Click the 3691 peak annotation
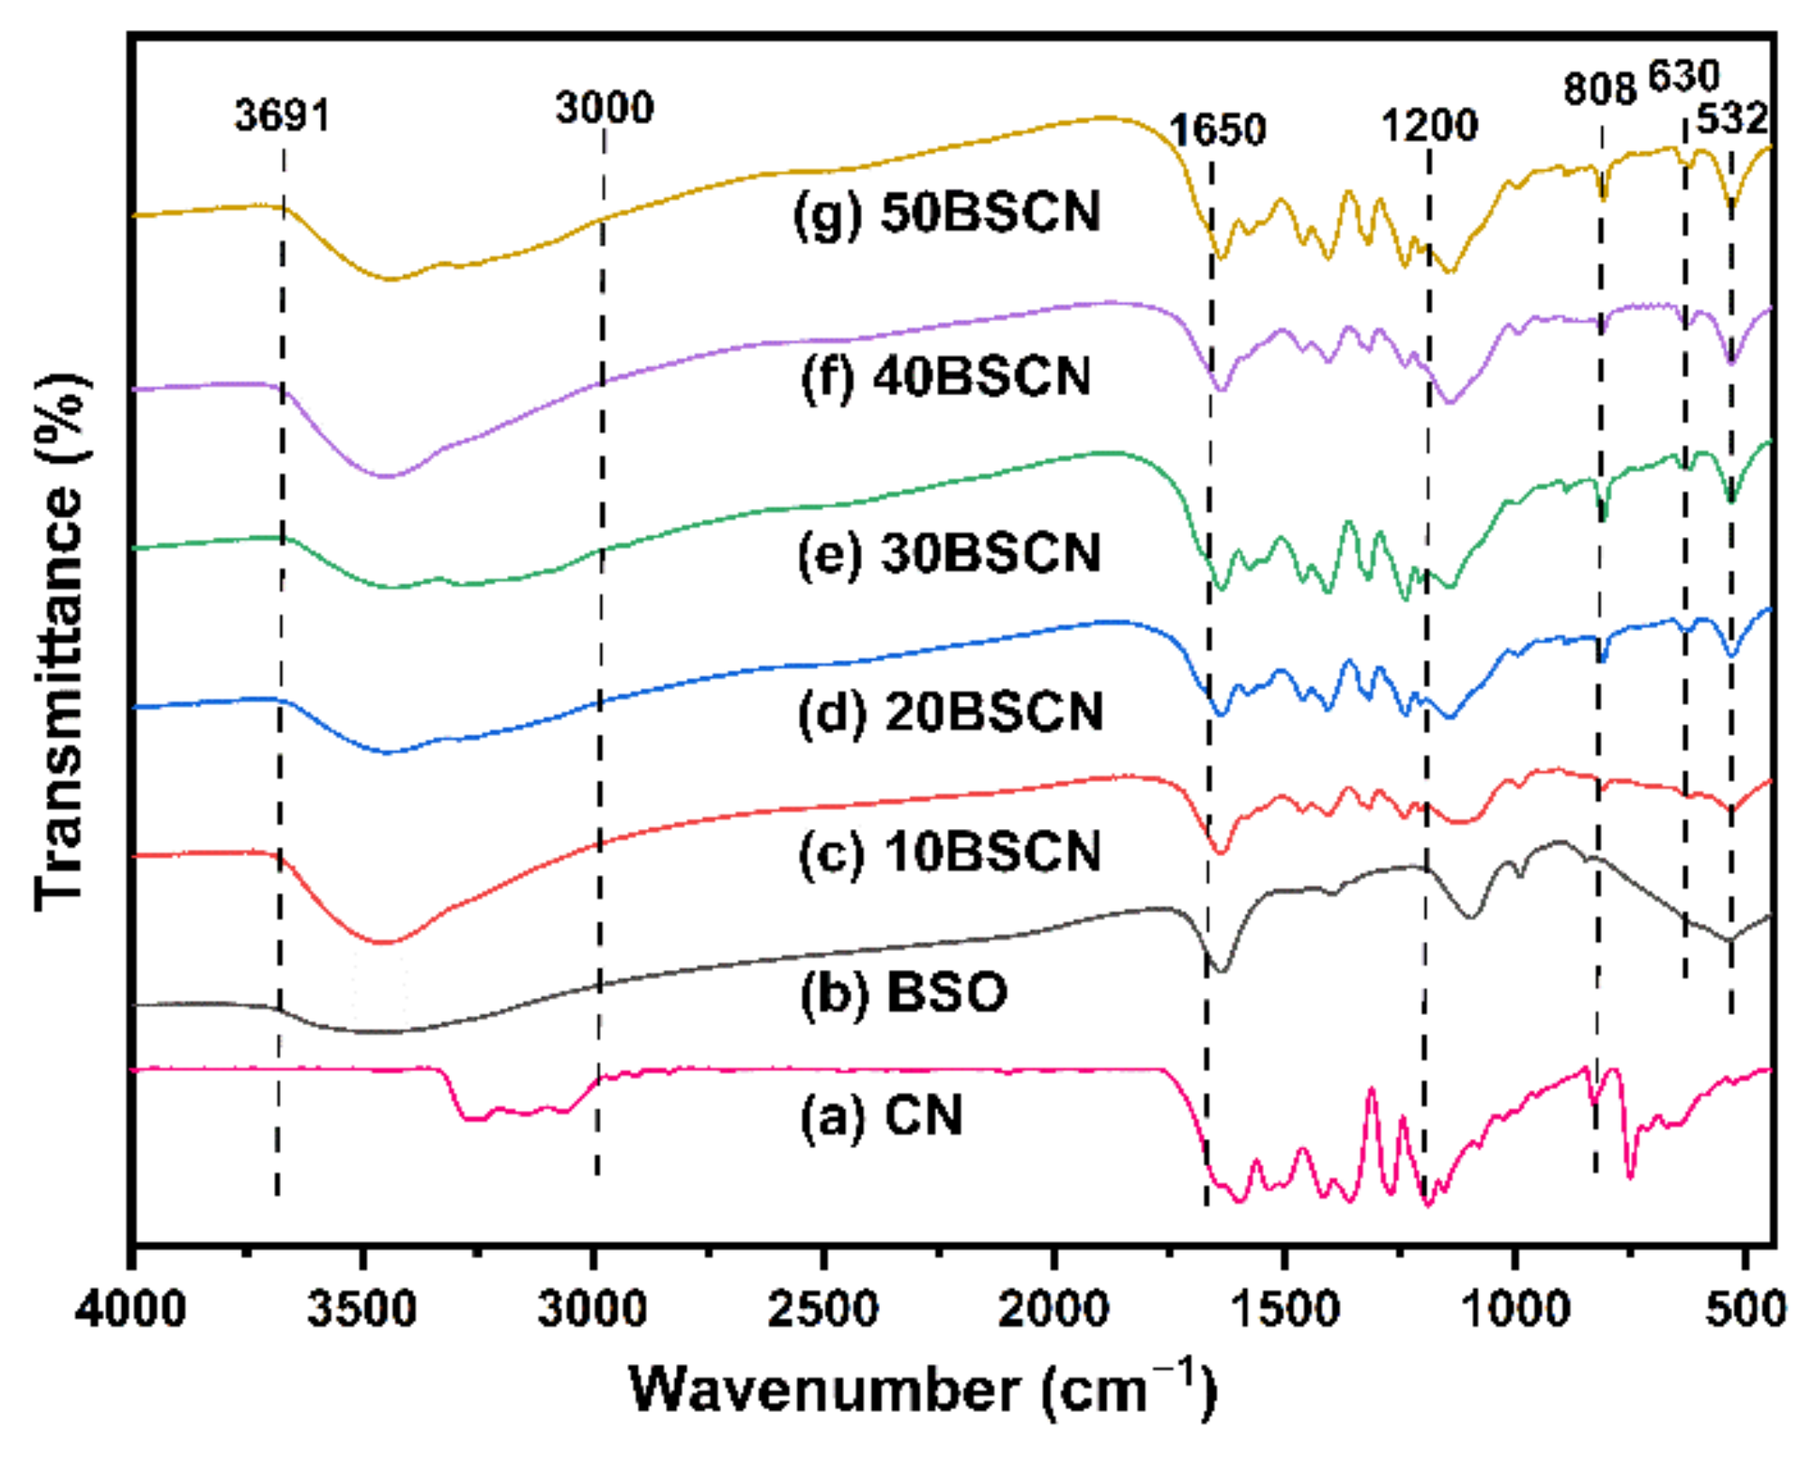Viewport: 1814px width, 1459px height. click(283, 117)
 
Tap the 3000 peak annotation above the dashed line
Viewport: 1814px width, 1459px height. click(604, 108)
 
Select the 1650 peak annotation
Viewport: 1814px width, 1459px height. click(1217, 130)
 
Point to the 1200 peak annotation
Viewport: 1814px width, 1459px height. click(1429, 125)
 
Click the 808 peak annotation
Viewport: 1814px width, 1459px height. click(1600, 90)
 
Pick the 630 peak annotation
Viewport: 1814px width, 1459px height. click(1683, 76)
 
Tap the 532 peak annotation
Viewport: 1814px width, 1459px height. click(1731, 119)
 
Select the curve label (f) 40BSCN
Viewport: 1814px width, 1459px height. click(945, 377)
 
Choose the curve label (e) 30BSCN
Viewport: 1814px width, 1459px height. click(948, 553)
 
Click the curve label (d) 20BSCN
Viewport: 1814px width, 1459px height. click(950, 713)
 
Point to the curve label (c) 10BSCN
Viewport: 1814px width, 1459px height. click(949, 852)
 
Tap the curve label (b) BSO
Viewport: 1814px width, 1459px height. click(903, 992)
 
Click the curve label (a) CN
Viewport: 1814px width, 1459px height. click(881, 1116)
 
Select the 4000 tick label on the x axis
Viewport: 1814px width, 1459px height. click(131, 1308)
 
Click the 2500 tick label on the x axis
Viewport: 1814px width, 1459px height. click(822, 1308)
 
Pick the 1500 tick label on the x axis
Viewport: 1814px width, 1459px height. click(1284, 1308)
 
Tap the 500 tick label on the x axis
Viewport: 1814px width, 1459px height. click(1745, 1308)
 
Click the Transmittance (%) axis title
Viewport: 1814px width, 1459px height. click(60, 642)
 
